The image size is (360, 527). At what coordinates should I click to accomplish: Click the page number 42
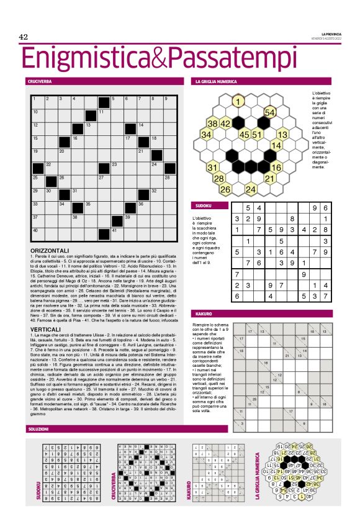coord(24,37)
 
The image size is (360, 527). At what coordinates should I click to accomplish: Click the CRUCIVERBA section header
coord(40,81)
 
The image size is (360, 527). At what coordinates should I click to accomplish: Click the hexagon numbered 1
coord(238,101)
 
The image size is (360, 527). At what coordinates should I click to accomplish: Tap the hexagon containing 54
coord(270,112)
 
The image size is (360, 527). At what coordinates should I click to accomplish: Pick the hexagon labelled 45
coord(245,134)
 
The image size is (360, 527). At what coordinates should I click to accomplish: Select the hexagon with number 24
coord(251,189)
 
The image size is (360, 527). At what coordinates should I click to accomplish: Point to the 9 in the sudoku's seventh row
coord(304,274)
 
